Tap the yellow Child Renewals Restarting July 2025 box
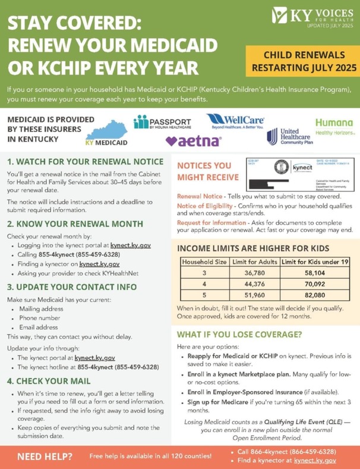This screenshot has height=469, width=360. pyautogui.click(x=299, y=61)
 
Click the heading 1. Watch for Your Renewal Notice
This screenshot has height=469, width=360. pyautogui.click(x=84, y=162)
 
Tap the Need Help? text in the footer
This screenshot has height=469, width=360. pyautogui.click(x=45, y=457)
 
